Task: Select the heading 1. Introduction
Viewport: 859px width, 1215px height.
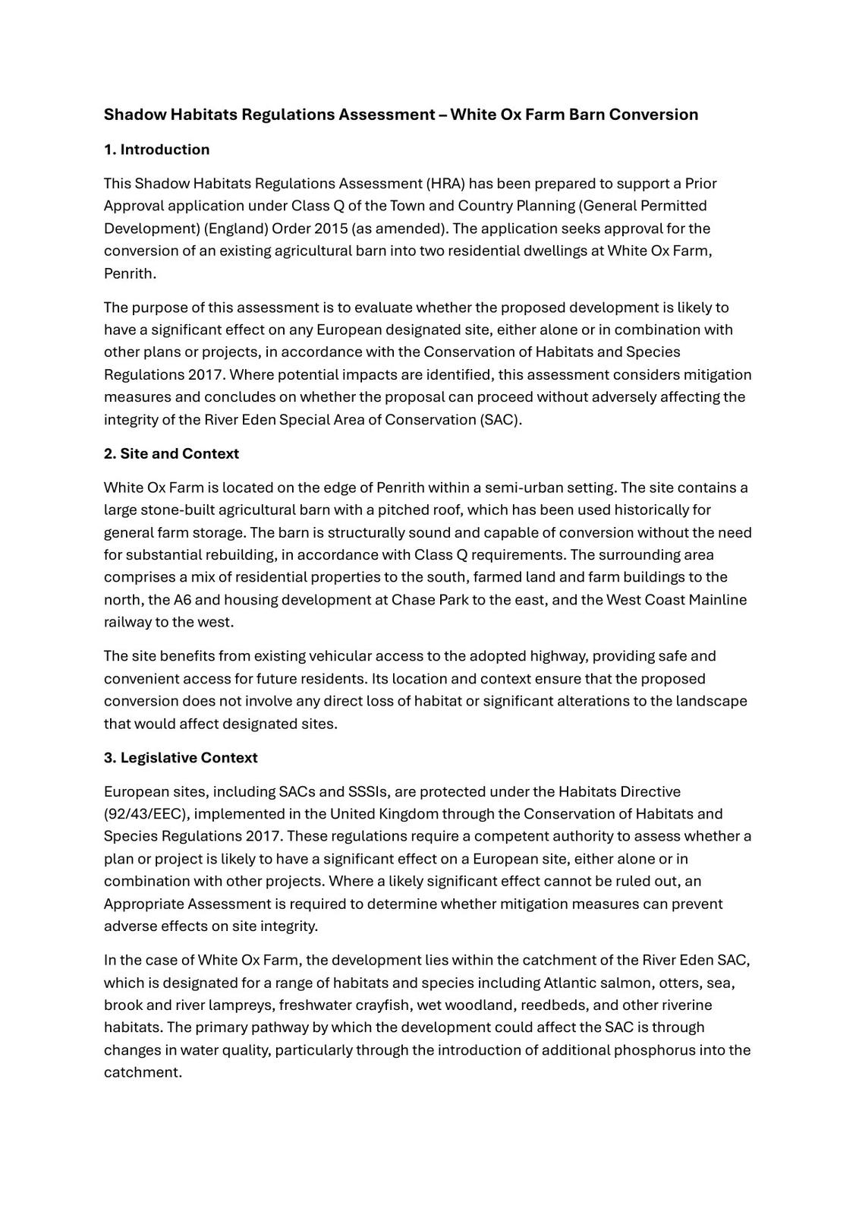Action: pos(156,150)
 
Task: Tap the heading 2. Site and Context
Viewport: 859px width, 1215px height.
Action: pos(171,453)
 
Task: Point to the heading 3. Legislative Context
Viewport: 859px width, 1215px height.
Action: pos(181,757)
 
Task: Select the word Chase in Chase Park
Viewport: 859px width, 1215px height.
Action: pos(413,600)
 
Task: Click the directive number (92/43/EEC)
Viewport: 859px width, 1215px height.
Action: pos(146,814)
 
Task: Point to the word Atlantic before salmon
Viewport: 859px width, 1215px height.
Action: pos(570,983)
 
